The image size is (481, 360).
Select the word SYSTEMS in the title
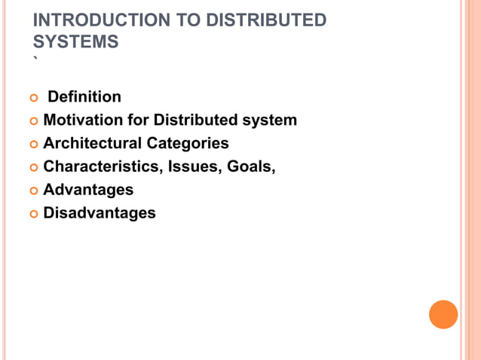click(x=75, y=42)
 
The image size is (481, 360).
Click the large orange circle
click(x=443, y=314)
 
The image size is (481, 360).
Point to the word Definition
click(x=84, y=97)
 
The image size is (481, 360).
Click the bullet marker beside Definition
click(x=33, y=98)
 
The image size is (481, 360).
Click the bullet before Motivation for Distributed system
click(x=33, y=121)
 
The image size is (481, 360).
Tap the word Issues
click(x=193, y=166)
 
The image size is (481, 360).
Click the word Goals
click(x=251, y=166)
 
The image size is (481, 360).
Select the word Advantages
click(x=88, y=190)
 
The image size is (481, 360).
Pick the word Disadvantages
click(x=100, y=213)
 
